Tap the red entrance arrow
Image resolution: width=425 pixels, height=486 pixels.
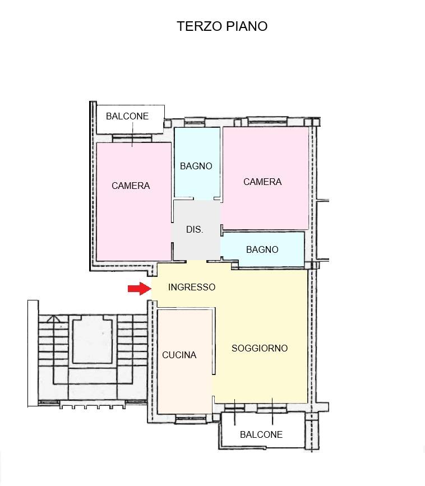139,289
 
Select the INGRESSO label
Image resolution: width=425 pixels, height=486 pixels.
192,287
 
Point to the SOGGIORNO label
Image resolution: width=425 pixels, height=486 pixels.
260,348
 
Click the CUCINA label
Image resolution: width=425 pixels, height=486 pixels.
179,355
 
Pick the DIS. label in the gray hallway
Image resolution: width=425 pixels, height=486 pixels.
195,230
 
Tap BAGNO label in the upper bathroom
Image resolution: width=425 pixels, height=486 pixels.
196,166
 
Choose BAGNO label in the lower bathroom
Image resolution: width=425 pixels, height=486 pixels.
262,249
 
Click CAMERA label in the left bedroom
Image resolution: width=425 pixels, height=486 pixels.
131,186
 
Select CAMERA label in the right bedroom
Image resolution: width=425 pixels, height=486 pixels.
262,182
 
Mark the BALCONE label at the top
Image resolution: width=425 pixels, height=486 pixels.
127,116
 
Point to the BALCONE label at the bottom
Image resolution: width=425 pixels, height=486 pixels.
261,434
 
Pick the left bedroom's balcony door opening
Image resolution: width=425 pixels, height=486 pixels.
132,138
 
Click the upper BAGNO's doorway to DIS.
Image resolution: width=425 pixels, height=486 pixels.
204,199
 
